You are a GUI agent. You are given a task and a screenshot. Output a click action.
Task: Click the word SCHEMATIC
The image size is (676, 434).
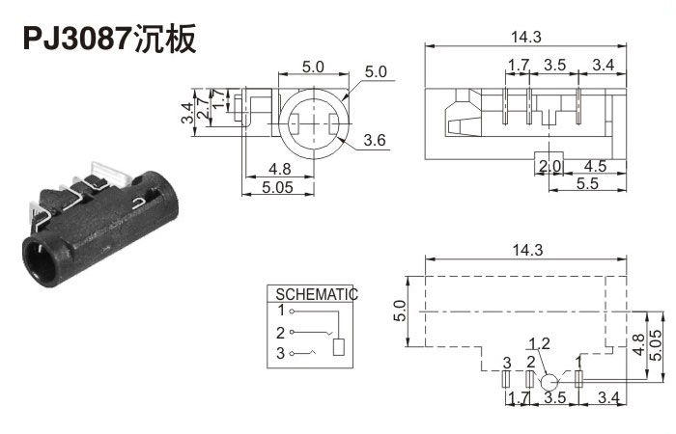(x=317, y=294)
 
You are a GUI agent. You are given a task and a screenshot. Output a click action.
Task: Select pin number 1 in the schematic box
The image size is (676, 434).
(x=281, y=311)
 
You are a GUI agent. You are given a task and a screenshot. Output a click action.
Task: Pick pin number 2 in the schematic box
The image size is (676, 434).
(x=281, y=333)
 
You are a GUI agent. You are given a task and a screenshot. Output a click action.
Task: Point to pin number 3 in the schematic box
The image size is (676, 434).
(x=281, y=354)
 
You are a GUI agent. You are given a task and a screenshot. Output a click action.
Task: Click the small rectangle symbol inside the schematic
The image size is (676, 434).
(x=338, y=348)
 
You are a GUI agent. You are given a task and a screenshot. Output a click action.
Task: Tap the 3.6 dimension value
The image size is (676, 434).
(x=375, y=142)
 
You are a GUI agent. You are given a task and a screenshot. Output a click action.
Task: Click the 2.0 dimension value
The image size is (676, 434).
(x=549, y=166)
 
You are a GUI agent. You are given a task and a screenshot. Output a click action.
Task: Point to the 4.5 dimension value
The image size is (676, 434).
(x=596, y=166)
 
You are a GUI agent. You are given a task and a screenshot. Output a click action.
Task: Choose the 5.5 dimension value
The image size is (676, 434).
(x=586, y=183)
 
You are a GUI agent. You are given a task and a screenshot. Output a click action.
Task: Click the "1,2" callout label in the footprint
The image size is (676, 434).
(x=539, y=343)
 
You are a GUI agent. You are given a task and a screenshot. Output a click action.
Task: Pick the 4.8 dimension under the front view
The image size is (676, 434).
(x=278, y=169)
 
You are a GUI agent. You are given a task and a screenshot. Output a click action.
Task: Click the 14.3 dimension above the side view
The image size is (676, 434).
(x=525, y=37)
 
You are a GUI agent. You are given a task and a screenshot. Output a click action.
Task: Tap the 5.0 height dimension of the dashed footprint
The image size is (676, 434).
(x=400, y=310)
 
